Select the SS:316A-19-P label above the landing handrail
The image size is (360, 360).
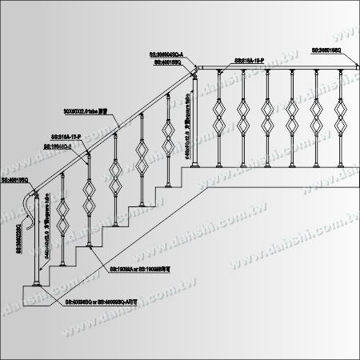(x=256, y=60)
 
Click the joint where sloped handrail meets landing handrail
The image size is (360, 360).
(x=194, y=70)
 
